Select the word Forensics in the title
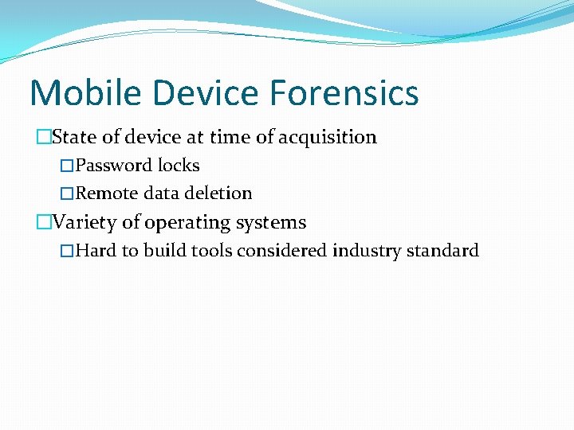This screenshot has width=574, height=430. coord(344,93)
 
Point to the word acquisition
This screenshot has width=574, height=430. coord(327,137)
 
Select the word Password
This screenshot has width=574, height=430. coord(114,166)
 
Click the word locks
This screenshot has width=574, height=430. coord(179,166)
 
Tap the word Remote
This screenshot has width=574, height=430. coord(107,193)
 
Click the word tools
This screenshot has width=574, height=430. coord(213,251)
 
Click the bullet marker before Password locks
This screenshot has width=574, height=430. coord(67,166)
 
